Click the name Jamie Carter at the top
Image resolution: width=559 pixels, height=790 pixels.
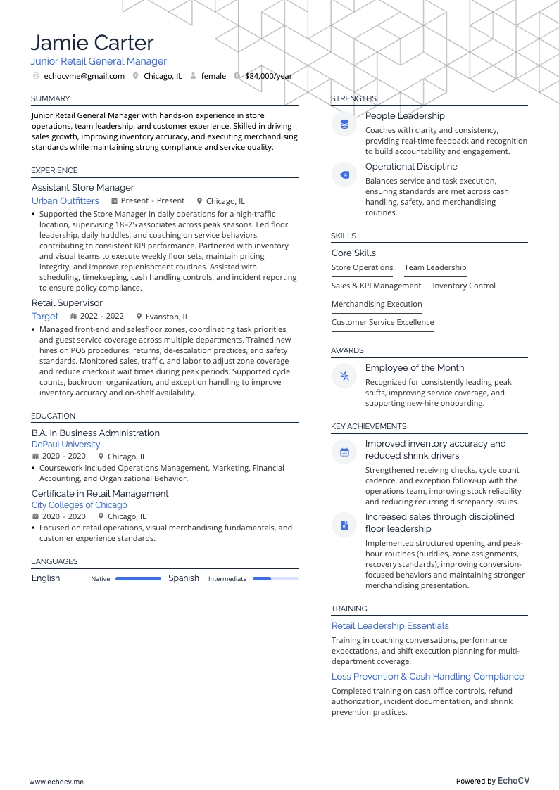pos(92,43)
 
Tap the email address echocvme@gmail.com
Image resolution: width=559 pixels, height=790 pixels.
pos(84,76)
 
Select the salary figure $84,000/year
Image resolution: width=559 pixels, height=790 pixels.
pos(268,76)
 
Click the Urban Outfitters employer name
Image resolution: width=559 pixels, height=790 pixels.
pos(65,201)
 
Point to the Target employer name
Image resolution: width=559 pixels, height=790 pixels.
pos(45,317)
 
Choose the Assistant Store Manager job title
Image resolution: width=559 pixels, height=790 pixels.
pos(82,188)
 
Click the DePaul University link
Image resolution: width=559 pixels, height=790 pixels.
pos(65,445)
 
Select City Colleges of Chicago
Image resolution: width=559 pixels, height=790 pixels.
pos(80,505)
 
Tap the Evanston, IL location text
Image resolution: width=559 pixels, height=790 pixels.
pos(167,317)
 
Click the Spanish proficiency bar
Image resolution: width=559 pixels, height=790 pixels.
pos(275,579)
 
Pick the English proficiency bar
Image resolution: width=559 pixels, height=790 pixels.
pos(138,579)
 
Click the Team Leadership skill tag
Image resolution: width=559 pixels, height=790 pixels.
pos(435,267)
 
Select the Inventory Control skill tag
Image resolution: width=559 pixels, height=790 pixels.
pos(464,286)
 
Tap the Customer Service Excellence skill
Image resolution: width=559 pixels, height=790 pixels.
pos(383,322)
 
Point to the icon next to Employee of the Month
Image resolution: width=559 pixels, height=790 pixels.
pos(344,376)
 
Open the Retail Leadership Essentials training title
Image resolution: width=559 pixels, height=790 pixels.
pos(390,625)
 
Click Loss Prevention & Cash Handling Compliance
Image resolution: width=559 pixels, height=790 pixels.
pos(428,676)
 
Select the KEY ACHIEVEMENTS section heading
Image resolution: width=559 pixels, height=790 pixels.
pos(369,426)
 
